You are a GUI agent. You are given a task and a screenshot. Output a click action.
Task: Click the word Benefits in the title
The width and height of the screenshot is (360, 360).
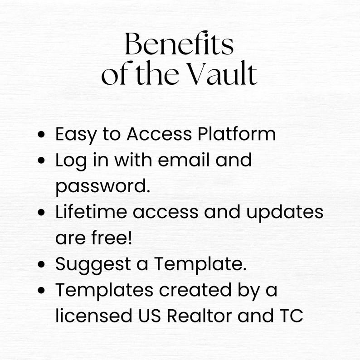(x=179, y=45)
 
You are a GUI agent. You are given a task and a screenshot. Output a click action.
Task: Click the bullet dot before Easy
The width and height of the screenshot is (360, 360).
(x=42, y=135)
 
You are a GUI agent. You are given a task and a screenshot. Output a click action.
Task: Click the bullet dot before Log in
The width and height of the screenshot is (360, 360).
(x=42, y=161)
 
